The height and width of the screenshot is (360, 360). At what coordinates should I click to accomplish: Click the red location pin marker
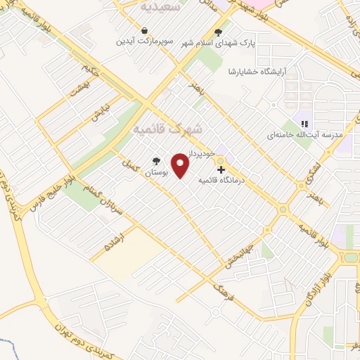coord(181,167)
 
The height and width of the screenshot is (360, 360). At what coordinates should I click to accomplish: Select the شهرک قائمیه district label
coord(167,130)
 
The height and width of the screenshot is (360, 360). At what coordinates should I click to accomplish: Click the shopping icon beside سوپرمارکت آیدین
coord(144,31)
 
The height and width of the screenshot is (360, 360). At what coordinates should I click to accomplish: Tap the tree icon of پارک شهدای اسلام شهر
coord(218,31)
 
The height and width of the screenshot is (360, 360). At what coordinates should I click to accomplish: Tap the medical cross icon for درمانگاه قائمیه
coord(221,170)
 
